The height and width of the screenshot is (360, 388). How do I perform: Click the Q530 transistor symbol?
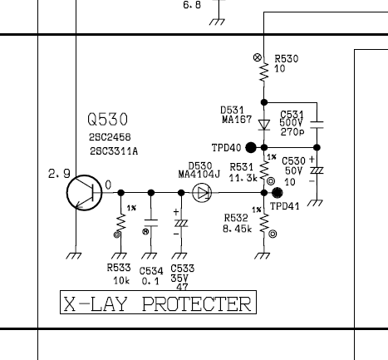pyautogui.click(x=85, y=193)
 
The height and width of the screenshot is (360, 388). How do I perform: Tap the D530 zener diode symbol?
pyautogui.click(x=202, y=193)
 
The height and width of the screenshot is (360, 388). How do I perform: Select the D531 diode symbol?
pyautogui.click(x=264, y=125)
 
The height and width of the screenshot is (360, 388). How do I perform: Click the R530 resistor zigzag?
pyautogui.click(x=264, y=72)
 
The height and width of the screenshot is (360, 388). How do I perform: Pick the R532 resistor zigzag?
pyautogui.click(x=264, y=223)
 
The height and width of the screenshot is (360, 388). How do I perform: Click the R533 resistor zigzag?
pyautogui.click(x=121, y=223)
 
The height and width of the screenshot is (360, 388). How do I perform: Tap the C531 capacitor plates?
pyautogui.click(x=317, y=125)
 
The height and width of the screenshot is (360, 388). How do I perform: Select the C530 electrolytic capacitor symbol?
pyautogui.click(x=317, y=170)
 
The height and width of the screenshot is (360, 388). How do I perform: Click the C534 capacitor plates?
pyautogui.click(x=151, y=223)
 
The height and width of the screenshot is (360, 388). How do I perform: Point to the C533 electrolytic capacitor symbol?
pyautogui.click(x=181, y=223)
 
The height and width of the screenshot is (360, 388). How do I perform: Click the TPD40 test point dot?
pyautogui.click(x=251, y=147)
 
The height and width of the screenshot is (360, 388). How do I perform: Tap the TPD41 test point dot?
pyautogui.click(x=277, y=193)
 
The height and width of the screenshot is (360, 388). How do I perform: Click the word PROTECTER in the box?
pyautogui.click(x=197, y=304)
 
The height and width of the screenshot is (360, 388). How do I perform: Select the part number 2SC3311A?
pyautogui.click(x=114, y=151)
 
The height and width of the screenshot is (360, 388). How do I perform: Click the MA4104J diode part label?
pyautogui.click(x=199, y=175)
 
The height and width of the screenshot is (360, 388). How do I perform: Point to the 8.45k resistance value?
pyautogui.click(x=238, y=229)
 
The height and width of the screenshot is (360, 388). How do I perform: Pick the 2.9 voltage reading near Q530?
pyautogui.click(x=59, y=174)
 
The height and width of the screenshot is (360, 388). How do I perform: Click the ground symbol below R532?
pyautogui.click(x=263, y=256)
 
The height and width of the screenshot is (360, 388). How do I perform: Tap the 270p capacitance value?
pyautogui.click(x=292, y=132)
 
